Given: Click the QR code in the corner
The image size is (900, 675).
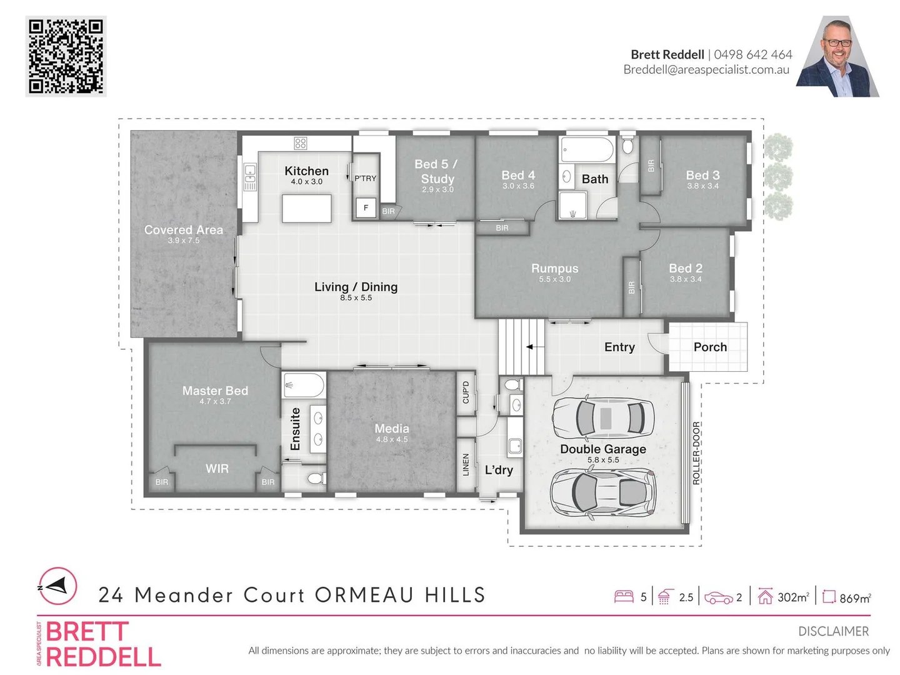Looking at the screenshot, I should click(x=66, y=56).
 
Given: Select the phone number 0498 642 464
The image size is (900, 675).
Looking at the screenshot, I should click(x=752, y=54).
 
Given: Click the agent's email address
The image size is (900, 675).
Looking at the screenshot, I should click(x=706, y=70).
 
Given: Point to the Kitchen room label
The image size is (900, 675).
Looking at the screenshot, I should click(x=306, y=171).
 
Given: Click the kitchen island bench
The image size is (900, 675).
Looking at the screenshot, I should click(x=306, y=208).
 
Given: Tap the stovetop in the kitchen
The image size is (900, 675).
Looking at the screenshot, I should click(x=301, y=143).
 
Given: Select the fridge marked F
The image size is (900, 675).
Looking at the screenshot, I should click(x=366, y=207).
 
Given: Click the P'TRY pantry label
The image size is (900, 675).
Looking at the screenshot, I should click(x=366, y=178).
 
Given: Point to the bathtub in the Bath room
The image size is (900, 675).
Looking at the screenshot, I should click(x=587, y=150).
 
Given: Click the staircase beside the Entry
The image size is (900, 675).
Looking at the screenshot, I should click(x=522, y=347).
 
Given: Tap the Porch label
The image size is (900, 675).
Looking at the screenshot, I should click(x=710, y=347).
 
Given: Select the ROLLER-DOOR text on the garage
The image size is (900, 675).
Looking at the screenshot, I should click(x=696, y=453).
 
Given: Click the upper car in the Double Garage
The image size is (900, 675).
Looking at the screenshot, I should click(x=603, y=417).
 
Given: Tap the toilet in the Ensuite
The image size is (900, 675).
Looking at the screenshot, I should click(x=315, y=479).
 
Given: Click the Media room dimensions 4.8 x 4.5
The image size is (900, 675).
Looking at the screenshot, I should click(x=392, y=439).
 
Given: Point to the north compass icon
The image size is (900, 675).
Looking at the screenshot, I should click(x=57, y=586).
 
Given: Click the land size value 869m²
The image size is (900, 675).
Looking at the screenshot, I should click(x=854, y=598).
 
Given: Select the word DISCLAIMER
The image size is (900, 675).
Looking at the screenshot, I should click(x=833, y=631).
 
